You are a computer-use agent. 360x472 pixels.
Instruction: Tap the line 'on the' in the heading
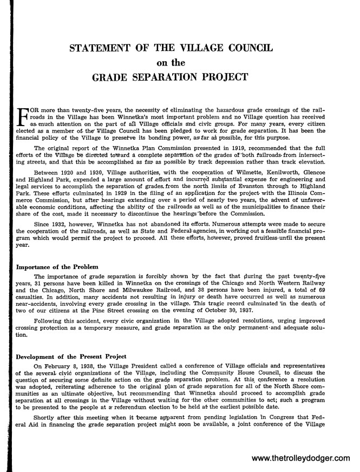[x=179, y=62]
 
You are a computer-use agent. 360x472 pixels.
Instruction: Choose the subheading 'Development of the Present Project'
[x=71, y=357]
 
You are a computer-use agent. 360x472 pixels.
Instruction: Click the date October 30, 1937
[x=269, y=306]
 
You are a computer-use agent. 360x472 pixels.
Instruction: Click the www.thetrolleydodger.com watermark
[x=302, y=458]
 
